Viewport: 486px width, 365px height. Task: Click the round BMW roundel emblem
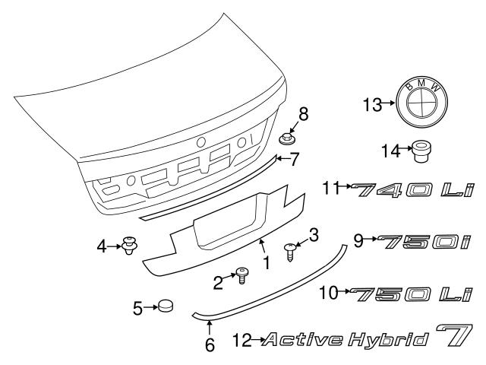421,102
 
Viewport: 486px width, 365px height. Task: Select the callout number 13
372,105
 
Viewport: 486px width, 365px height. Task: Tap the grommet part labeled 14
421,151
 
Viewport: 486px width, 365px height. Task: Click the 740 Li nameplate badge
412,189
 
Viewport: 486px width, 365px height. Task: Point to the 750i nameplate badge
424,242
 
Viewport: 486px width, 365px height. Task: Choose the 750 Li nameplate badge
412,294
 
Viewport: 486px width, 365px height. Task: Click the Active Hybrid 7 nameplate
368,336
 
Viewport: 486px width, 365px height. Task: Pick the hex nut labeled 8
287,138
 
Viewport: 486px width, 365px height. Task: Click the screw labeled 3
289,252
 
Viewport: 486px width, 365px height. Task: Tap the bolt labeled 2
241,275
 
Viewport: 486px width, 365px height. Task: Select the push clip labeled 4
130,246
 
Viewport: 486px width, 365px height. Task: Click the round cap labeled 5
166,306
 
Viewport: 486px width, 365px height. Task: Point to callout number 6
210,344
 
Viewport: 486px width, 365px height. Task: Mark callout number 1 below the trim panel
267,262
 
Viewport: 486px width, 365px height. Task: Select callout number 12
242,340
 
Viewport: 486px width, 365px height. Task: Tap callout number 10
329,292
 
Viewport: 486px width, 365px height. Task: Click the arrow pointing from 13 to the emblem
389,103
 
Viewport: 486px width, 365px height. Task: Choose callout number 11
330,187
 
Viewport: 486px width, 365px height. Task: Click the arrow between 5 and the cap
151,307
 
